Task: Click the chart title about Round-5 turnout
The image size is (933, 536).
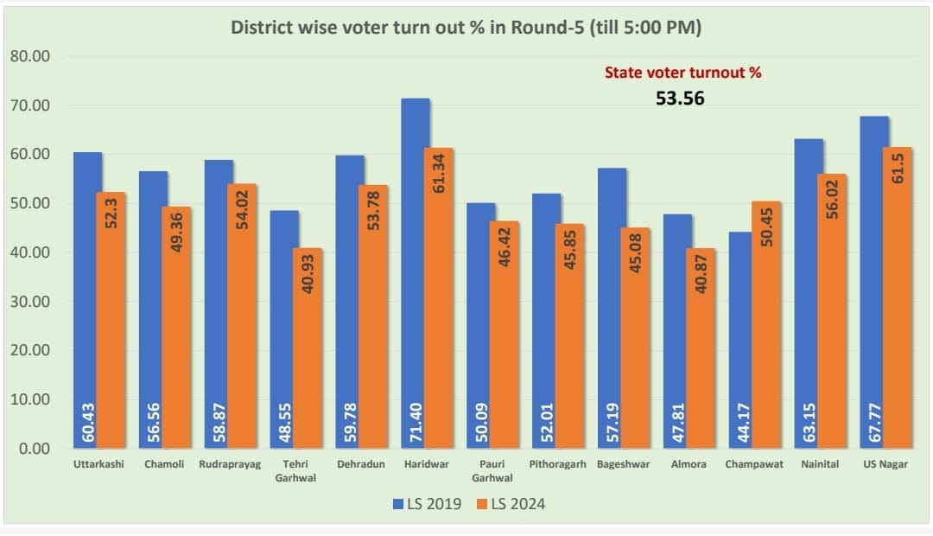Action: click(x=466, y=28)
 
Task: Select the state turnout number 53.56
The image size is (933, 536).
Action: click(x=680, y=99)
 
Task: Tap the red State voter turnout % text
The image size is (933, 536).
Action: click(x=682, y=73)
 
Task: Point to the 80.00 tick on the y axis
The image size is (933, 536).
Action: click(x=31, y=57)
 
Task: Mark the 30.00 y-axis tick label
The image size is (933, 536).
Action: click(x=31, y=302)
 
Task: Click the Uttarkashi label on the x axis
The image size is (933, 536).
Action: click(x=98, y=464)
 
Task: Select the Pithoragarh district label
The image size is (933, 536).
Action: click(x=558, y=464)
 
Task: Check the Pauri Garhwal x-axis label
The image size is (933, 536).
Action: click(x=492, y=470)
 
